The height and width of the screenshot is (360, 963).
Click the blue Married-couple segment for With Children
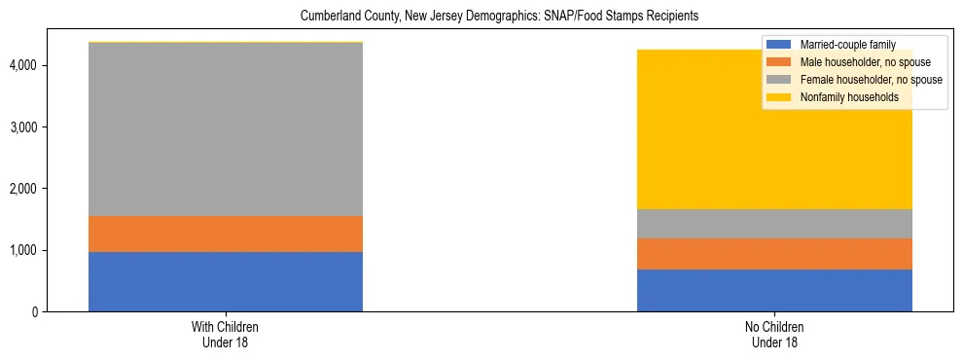[226, 281]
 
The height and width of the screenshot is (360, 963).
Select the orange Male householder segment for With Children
[226, 234]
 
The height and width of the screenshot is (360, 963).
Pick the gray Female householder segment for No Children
[774, 224]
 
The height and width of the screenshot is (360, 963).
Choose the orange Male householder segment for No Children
[774, 254]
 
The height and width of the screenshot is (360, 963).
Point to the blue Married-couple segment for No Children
[774, 290]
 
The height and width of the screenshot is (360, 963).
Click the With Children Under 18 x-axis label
[226, 335]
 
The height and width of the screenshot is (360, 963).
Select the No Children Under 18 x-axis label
[774, 335]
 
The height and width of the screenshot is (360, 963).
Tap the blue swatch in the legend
[779, 45]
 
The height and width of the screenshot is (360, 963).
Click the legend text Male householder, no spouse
[861, 62]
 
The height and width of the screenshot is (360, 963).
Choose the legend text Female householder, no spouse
[869, 80]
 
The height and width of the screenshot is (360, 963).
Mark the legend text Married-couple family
[845, 45]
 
